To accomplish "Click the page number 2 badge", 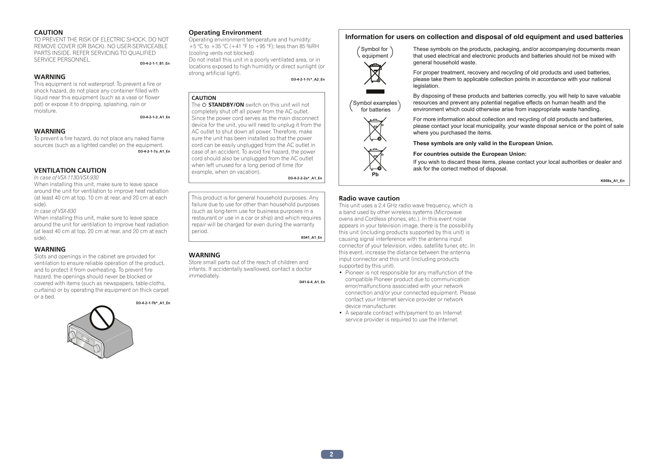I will [332, 454].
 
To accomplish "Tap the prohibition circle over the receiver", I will [102, 318].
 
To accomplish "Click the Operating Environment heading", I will [225, 33].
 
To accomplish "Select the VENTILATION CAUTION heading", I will [70, 171].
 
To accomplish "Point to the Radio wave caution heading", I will [369, 198].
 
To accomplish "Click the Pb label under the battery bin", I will [375, 175].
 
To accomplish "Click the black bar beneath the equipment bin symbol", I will [375, 92].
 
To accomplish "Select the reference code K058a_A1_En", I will [612, 181].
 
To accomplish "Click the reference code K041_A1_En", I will [311, 238].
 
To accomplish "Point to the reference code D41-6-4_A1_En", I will [312, 282].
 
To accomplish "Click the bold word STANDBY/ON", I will [226, 105].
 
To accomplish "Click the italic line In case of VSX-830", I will [55, 211].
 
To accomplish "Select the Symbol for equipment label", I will [375, 52].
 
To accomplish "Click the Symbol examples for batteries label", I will [375, 106].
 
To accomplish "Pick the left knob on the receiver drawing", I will [72, 335].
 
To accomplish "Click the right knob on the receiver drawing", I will [97, 348].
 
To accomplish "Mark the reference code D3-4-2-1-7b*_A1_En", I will [153, 303].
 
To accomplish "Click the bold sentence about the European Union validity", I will [483, 143].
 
